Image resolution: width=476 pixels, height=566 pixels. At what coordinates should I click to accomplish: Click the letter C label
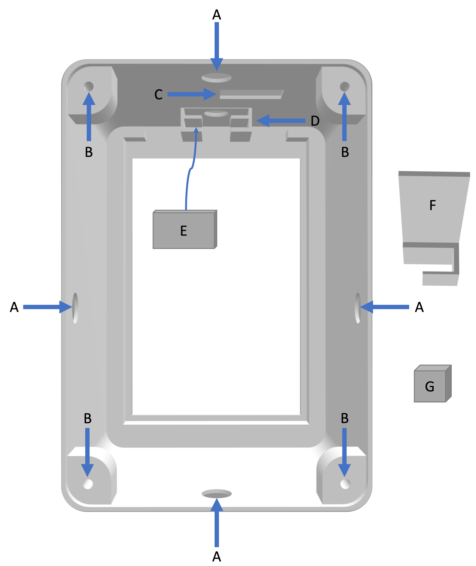tap(158, 95)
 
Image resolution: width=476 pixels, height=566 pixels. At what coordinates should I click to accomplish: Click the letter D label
tap(315, 121)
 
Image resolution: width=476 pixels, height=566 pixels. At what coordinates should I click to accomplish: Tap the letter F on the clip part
tap(433, 205)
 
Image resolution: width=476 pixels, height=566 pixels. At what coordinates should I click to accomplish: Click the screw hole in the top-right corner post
tap(345, 87)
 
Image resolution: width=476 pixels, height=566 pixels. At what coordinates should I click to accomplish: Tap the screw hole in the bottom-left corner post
tap(88, 484)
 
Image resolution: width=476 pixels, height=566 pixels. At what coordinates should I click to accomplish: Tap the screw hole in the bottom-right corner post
tap(345, 484)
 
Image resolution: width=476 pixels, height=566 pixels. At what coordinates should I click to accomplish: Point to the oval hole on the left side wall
tap(75, 308)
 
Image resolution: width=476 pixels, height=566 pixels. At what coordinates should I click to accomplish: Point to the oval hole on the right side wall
tap(358, 308)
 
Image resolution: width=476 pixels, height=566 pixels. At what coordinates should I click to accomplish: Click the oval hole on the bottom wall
tap(217, 494)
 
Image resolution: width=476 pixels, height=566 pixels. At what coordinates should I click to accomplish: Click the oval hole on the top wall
tap(217, 78)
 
